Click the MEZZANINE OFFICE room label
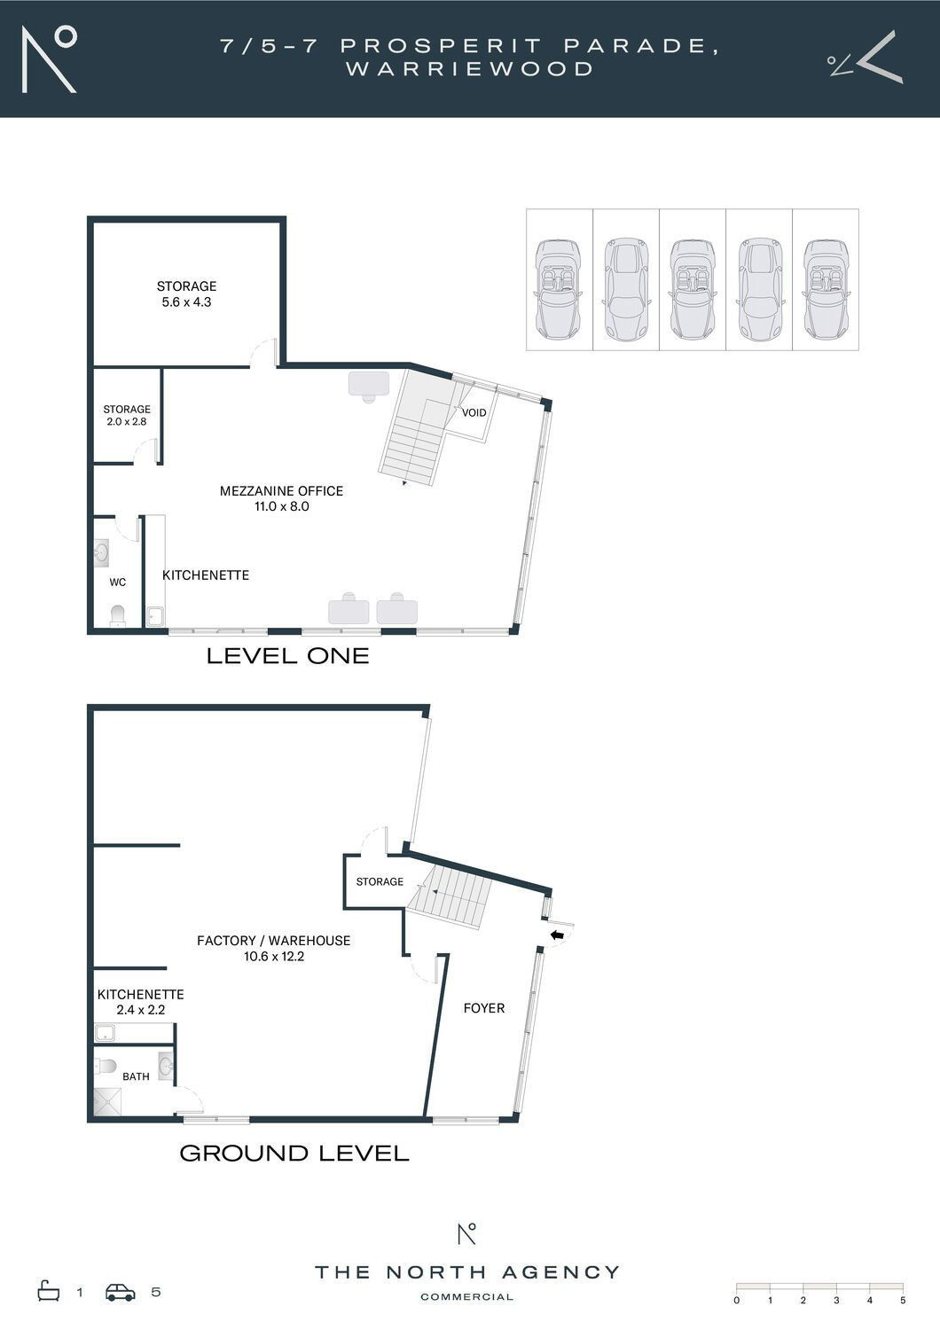tap(281, 491)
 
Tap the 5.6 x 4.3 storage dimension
tap(186, 301)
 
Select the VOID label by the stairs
tap(474, 412)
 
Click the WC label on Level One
tap(118, 583)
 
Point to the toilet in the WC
tap(118, 615)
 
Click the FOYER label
tap(484, 1008)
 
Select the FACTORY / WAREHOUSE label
tap(274, 941)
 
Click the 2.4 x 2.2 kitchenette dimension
tap(141, 1010)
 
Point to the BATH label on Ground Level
tap(136, 1076)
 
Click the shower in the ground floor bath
tap(107, 1101)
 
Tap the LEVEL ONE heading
tap(288, 656)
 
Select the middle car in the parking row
tap(693, 289)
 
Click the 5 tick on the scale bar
tap(903, 1301)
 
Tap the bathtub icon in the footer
tap(49, 1291)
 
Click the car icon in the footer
tap(120, 1293)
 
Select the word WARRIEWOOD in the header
tap(470, 69)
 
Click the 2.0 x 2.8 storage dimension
tap(127, 421)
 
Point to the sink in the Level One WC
tap(102, 553)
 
